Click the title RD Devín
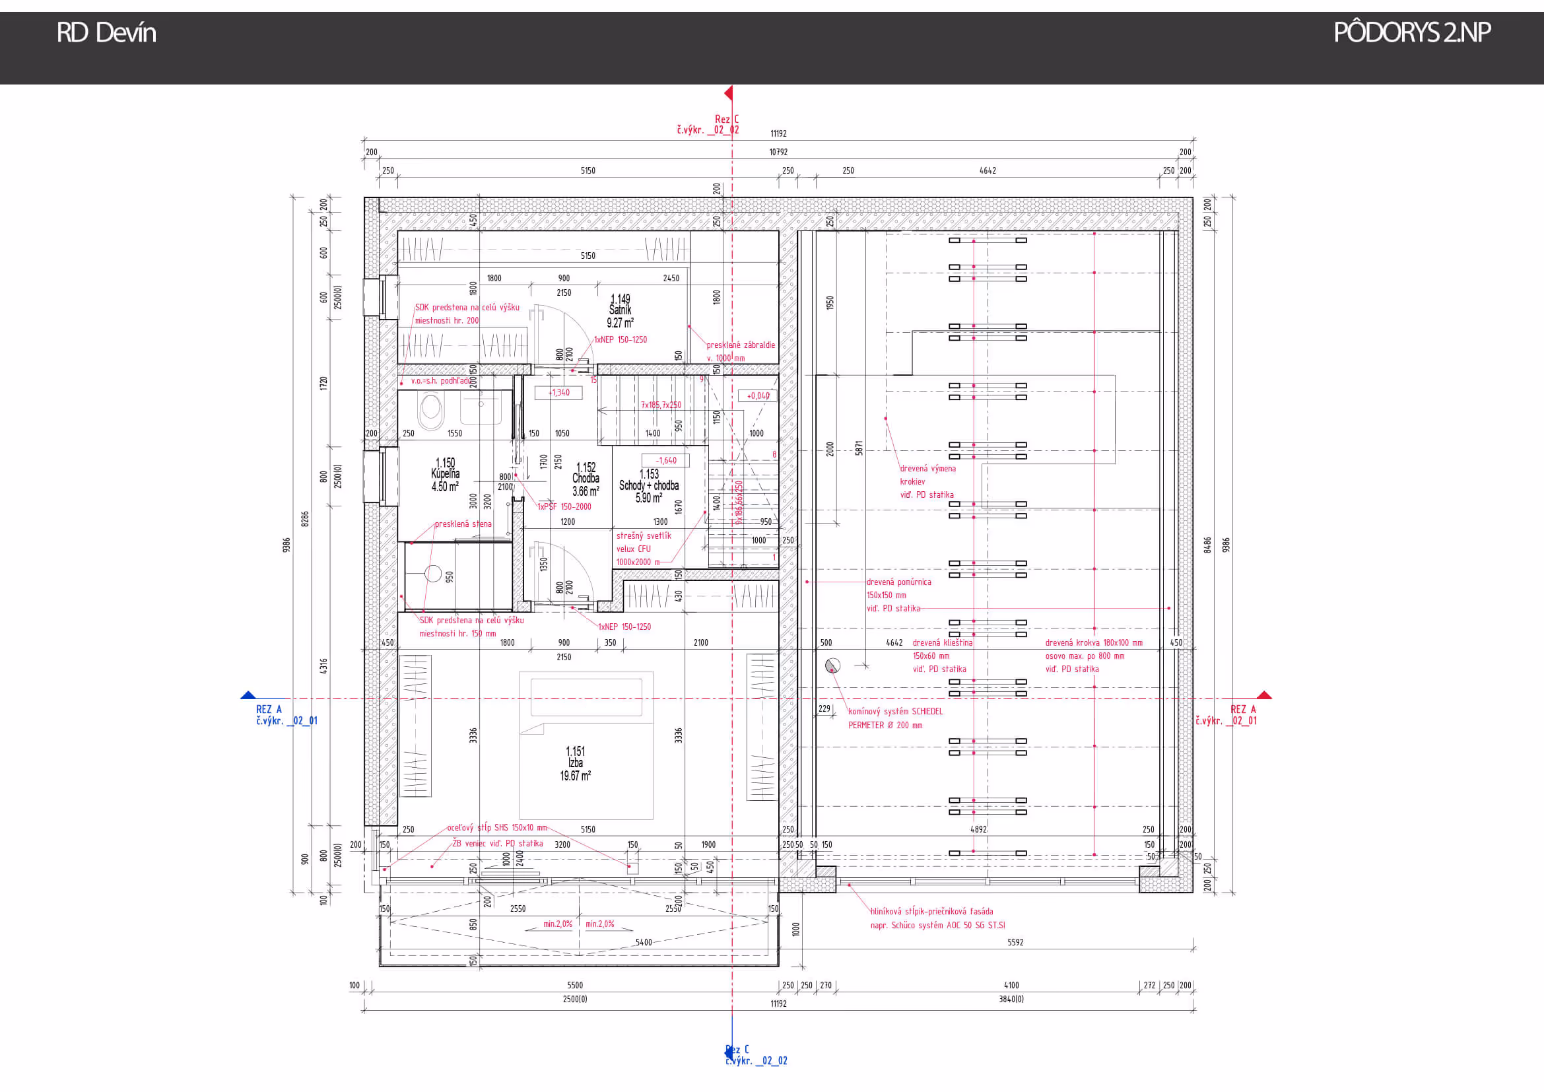106,33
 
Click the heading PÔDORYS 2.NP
1411,32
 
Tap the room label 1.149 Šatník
620,310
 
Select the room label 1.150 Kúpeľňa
444,475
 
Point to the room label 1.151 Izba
575,763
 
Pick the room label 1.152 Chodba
585,479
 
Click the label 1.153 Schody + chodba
648,485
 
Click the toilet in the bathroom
431,409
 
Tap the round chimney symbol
832,665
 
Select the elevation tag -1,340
558,393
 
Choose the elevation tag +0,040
758,396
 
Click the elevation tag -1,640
666,461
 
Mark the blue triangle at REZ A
248,695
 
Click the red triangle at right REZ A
1264,695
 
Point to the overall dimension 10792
778,153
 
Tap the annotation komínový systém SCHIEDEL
895,712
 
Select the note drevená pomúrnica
898,582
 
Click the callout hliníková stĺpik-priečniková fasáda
931,912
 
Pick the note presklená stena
463,524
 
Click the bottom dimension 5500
574,986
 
